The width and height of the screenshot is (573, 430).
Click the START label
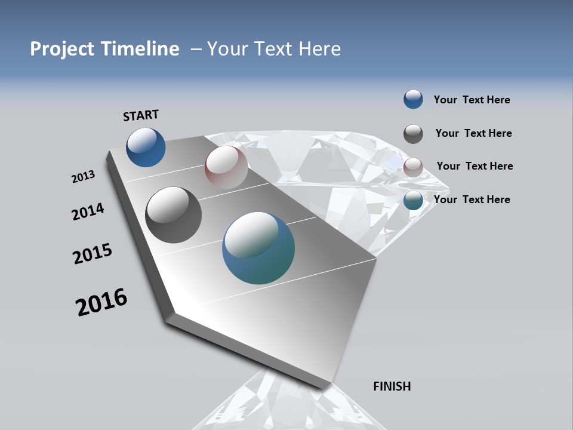[x=141, y=115]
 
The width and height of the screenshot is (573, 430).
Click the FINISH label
[x=392, y=386]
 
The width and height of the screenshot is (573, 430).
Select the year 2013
[x=83, y=177]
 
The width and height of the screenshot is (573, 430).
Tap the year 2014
[x=88, y=212]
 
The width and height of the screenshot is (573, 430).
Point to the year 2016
[x=101, y=302]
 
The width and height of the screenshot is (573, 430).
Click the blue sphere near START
[x=146, y=147]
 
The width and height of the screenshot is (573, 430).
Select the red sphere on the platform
[x=226, y=167]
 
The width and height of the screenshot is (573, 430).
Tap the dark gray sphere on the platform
[x=173, y=215]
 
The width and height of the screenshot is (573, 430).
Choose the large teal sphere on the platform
[x=258, y=248]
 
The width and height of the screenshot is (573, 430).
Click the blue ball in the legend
[x=413, y=100]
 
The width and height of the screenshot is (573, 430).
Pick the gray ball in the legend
[x=413, y=134]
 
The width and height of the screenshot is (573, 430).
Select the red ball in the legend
[x=413, y=167]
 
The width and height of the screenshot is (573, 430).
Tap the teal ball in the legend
[x=413, y=200]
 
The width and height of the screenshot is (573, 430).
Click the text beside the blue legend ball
[x=472, y=100]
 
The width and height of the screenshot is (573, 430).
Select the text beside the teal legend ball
[x=472, y=199]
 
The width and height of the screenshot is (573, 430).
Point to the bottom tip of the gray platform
[x=324, y=389]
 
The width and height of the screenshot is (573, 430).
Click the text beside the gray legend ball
[x=473, y=133]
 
